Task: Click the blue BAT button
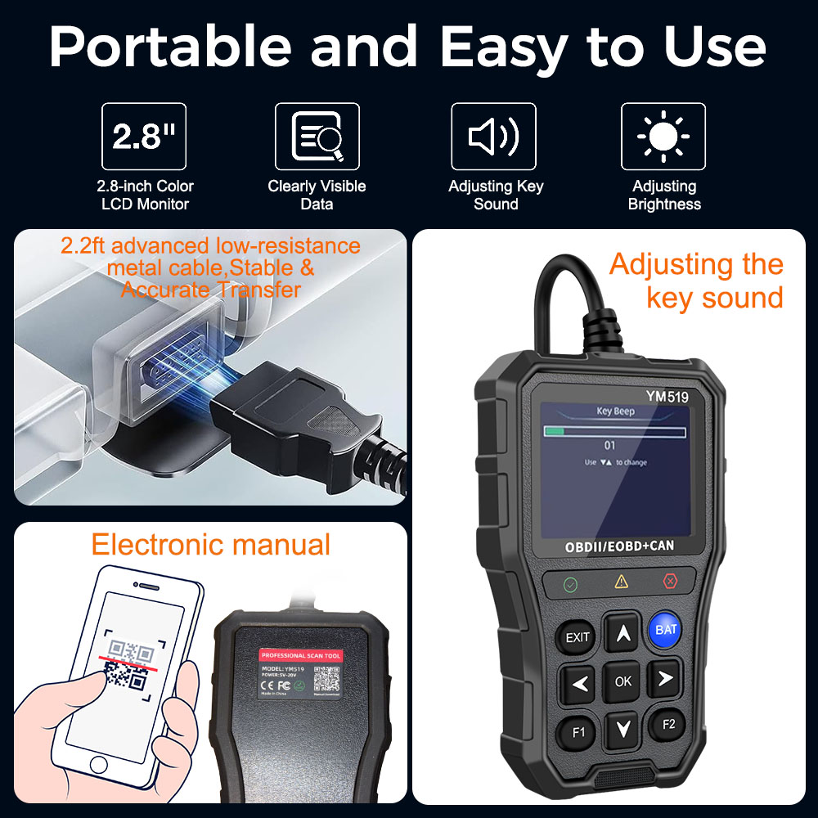point(666,630)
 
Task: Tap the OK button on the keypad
point(622,681)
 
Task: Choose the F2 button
point(668,724)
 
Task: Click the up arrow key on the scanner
point(622,632)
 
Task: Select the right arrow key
point(665,678)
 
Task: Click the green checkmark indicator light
point(570,585)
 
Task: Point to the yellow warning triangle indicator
point(622,582)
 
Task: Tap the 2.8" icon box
point(143,137)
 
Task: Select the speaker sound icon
point(493,137)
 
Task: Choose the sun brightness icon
point(663,137)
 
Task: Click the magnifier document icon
point(317,137)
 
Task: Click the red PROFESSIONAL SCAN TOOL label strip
point(301,656)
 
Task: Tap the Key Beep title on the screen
point(616,412)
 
